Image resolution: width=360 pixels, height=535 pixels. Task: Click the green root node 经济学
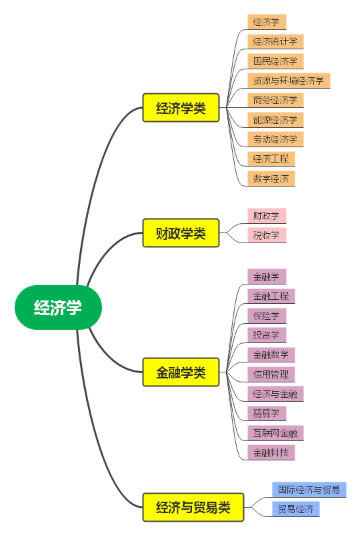coord(58,308)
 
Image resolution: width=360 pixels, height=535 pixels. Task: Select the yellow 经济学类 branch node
coord(181,108)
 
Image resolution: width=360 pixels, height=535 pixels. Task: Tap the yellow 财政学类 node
coord(181,233)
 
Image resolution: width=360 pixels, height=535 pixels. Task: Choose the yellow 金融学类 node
coord(181,372)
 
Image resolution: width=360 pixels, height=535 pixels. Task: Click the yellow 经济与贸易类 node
coord(193,508)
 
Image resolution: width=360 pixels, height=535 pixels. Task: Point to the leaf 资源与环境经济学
coord(288,81)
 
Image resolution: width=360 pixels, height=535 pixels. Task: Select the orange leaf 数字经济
coord(271,178)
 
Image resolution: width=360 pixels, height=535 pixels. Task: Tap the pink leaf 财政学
coord(266,216)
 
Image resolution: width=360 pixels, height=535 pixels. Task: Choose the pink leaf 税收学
coord(266,235)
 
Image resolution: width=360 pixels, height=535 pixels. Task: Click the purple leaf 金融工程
coord(271,295)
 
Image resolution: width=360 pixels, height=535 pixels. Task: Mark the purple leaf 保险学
coord(266,315)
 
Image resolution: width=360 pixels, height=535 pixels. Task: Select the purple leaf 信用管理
coord(271,374)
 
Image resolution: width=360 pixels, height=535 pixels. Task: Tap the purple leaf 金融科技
coord(271,452)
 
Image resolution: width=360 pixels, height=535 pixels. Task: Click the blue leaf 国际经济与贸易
coord(309,490)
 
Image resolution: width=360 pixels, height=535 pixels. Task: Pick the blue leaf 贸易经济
coord(295,509)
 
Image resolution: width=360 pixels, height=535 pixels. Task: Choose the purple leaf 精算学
coord(266,413)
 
